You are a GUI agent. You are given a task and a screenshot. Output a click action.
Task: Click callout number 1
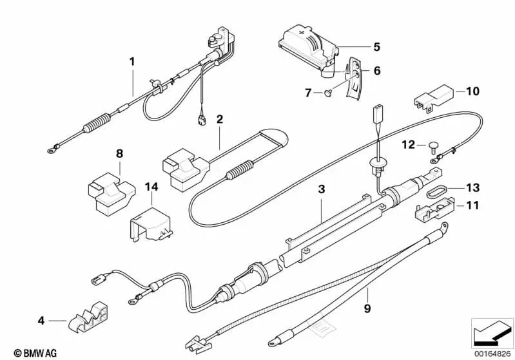click(132, 61)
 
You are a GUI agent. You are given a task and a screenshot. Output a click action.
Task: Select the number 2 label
click(219, 118)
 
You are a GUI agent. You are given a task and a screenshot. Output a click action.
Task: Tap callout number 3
click(321, 189)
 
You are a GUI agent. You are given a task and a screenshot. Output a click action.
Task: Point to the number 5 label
click(376, 47)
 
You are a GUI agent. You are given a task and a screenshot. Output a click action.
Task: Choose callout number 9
click(367, 308)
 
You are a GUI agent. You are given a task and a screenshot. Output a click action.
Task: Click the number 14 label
click(151, 187)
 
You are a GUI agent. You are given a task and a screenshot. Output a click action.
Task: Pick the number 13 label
click(472, 187)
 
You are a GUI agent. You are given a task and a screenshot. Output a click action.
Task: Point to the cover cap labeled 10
click(434, 94)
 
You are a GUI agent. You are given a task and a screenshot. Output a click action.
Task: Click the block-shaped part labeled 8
click(111, 193)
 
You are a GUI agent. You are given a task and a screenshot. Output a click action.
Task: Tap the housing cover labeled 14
click(150, 224)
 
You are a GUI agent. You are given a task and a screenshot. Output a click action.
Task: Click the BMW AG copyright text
click(35, 353)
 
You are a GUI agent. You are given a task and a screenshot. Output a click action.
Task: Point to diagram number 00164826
click(492, 354)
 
